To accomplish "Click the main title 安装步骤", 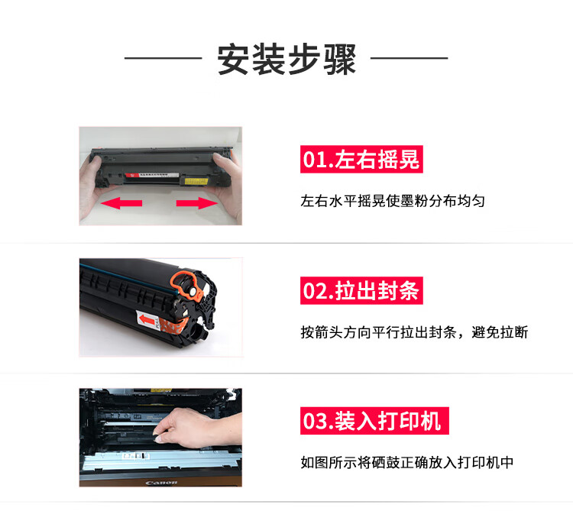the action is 286,59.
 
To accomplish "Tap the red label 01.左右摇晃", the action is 361,159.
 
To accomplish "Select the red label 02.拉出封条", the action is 361,290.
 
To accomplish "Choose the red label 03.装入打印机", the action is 374,421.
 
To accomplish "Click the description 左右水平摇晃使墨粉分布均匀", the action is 393,201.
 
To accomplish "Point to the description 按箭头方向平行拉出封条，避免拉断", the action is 414,332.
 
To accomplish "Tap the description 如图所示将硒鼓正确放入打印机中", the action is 407,462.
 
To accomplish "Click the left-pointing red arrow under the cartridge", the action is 121,203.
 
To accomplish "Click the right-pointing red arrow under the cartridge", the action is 197,203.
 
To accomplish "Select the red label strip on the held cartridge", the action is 152,175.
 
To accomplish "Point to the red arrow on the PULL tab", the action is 147,320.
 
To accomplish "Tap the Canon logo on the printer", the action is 161,483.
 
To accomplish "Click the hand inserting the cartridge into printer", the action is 197,428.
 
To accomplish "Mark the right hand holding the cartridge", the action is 228,186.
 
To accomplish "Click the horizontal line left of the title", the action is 163,58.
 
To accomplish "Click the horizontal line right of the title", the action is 410,58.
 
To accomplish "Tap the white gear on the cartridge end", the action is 191,291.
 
